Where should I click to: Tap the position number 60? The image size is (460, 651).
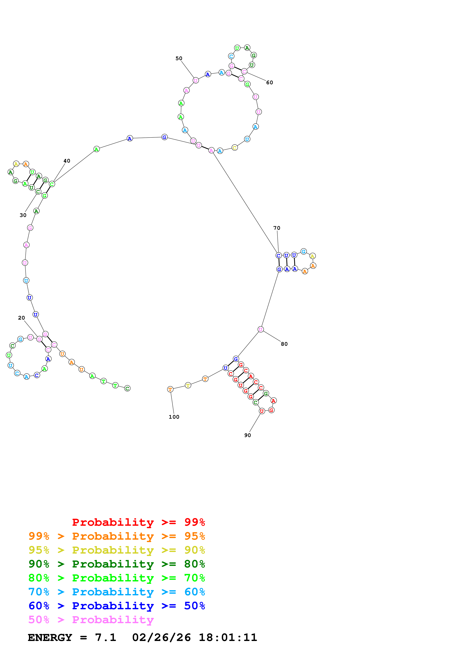point(270,83)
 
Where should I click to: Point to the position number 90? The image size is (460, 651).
point(247,435)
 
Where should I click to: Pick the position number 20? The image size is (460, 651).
point(22,318)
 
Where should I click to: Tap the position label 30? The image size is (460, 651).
point(23,215)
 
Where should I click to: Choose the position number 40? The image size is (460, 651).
point(67,161)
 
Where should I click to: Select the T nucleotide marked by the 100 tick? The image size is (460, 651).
point(170,389)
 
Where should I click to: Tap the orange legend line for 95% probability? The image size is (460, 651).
point(117,536)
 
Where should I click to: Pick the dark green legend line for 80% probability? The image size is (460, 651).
point(117,564)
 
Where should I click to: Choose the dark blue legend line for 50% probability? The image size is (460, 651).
point(117,606)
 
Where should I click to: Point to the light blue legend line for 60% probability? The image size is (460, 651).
point(117,592)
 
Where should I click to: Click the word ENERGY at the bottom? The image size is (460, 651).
point(50,637)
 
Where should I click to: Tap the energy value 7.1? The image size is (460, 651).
point(105,637)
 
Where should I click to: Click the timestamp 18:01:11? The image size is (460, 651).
point(228,637)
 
